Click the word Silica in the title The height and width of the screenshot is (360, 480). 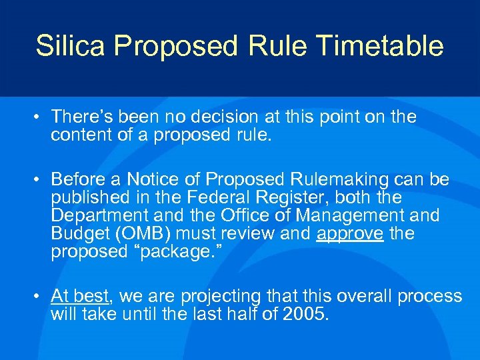click(71, 46)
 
